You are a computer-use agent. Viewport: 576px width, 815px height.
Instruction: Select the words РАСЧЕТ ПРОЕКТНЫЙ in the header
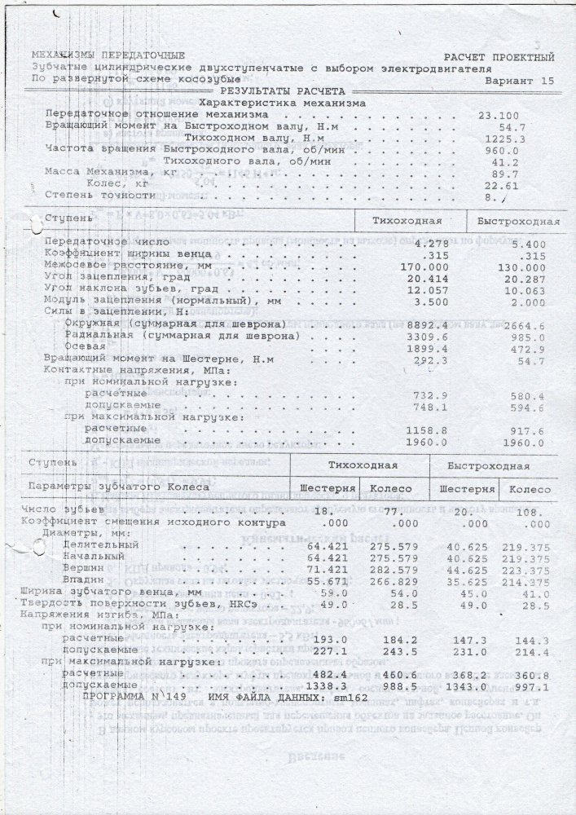tap(499, 58)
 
